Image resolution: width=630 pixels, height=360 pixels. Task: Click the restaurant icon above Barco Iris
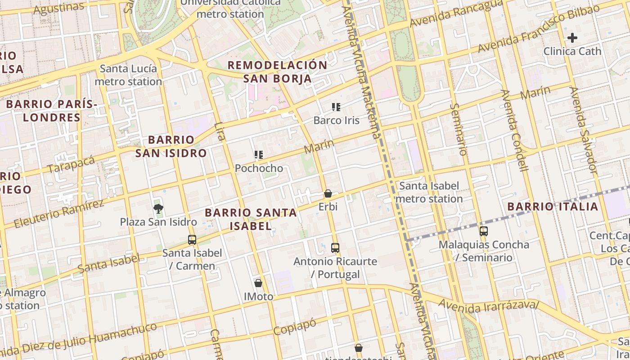pos(336,107)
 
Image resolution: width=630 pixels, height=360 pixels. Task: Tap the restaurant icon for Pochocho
pos(259,155)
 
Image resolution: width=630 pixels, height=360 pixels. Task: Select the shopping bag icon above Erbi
pos(328,194)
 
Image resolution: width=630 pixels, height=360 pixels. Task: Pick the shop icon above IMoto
pos(258,283)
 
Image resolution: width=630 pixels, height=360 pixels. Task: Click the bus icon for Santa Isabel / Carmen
pos(192,240)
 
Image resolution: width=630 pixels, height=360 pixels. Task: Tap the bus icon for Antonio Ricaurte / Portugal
pos(335,248)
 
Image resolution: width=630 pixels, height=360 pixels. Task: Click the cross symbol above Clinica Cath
pos(572,38)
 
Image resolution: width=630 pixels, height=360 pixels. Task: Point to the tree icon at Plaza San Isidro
pos(158,208)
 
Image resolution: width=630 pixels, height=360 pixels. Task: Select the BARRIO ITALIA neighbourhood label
pos(553,207)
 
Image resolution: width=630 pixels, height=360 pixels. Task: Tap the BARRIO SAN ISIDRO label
pos(171,146)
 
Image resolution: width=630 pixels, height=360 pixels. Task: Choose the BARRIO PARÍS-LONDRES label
pos(52,111)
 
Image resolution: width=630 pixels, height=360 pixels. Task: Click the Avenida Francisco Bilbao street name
pos(539,29)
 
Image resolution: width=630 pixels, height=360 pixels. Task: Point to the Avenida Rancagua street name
pos(456,13)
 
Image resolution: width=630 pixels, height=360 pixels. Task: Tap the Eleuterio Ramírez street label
pos(59,213)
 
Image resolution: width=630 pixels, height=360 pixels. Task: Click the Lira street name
pos(220,131)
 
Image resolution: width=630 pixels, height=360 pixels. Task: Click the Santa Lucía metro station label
pos(128,75)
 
